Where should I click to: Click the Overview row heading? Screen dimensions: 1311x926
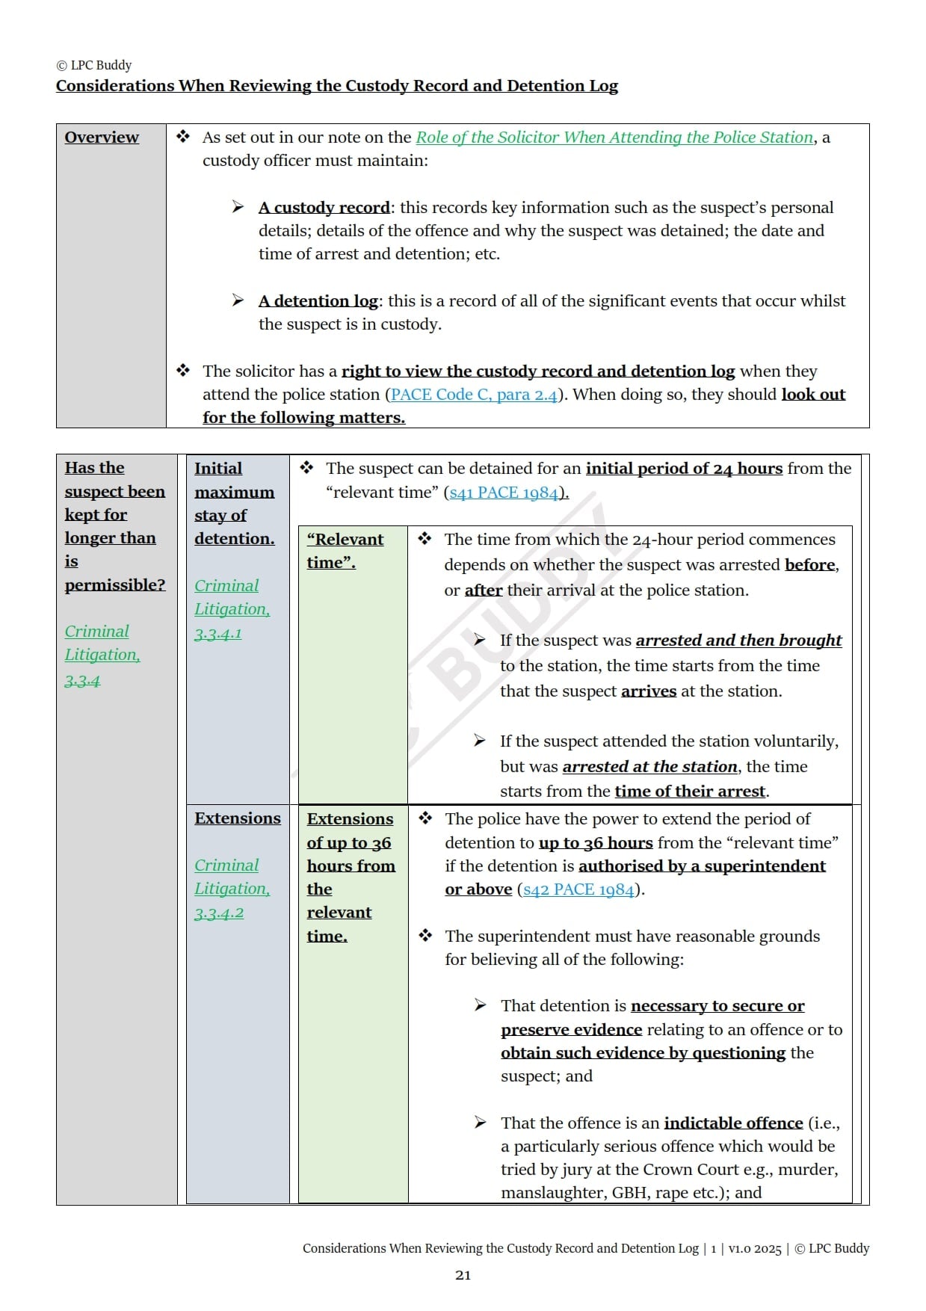[102, 138]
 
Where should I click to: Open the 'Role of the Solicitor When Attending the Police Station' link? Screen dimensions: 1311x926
[614, 138]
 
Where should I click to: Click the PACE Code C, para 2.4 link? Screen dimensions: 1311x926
[474, 395]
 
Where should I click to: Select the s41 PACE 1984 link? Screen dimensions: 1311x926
[503, 493]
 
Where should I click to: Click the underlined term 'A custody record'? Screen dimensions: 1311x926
[324, 208]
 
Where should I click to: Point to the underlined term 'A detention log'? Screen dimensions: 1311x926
[318, 301]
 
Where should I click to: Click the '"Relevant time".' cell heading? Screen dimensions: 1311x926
[345, 551]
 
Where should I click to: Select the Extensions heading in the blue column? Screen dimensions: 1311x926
[238, 818]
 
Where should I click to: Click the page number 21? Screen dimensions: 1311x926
[463, 1275]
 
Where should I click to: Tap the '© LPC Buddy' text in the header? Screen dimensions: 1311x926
[94, 65]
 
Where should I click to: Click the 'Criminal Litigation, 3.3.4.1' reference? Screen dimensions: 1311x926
[232, 609]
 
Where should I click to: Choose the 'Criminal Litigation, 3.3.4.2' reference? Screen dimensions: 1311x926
[232, 889]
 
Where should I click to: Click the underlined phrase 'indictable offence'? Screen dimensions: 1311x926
[732, 1123]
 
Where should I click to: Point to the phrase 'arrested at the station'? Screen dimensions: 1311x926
[649, 767]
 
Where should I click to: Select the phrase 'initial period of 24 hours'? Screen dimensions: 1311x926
[683, 469]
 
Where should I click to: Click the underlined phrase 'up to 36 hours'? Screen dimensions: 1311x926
[595, 843]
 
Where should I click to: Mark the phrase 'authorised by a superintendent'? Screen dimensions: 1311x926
[701, 866]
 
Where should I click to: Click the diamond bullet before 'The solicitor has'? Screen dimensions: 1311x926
[183, 371]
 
